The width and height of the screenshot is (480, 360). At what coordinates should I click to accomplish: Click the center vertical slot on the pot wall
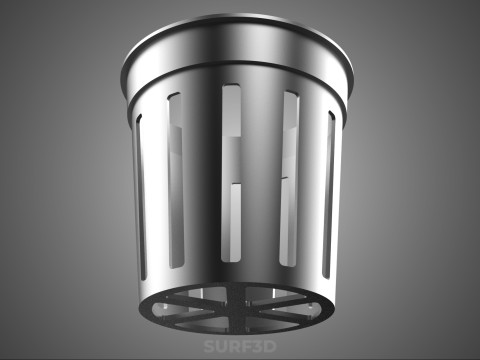pyautogui.click(x=231, y=173)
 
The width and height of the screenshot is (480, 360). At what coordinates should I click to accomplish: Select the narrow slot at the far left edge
pyautogui.click(x=141, y=197)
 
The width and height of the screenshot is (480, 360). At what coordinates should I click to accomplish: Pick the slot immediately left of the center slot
pyautogui.click(x=176, y=180)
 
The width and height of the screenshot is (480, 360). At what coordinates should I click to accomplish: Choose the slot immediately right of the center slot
pyautogui.click(x=289, y=178)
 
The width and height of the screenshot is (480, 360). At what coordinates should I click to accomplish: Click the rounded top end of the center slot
pyautogui.click(x=231, y=86)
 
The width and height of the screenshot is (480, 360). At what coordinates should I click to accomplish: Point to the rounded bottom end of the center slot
pyautogui.click(x=231, y=259)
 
